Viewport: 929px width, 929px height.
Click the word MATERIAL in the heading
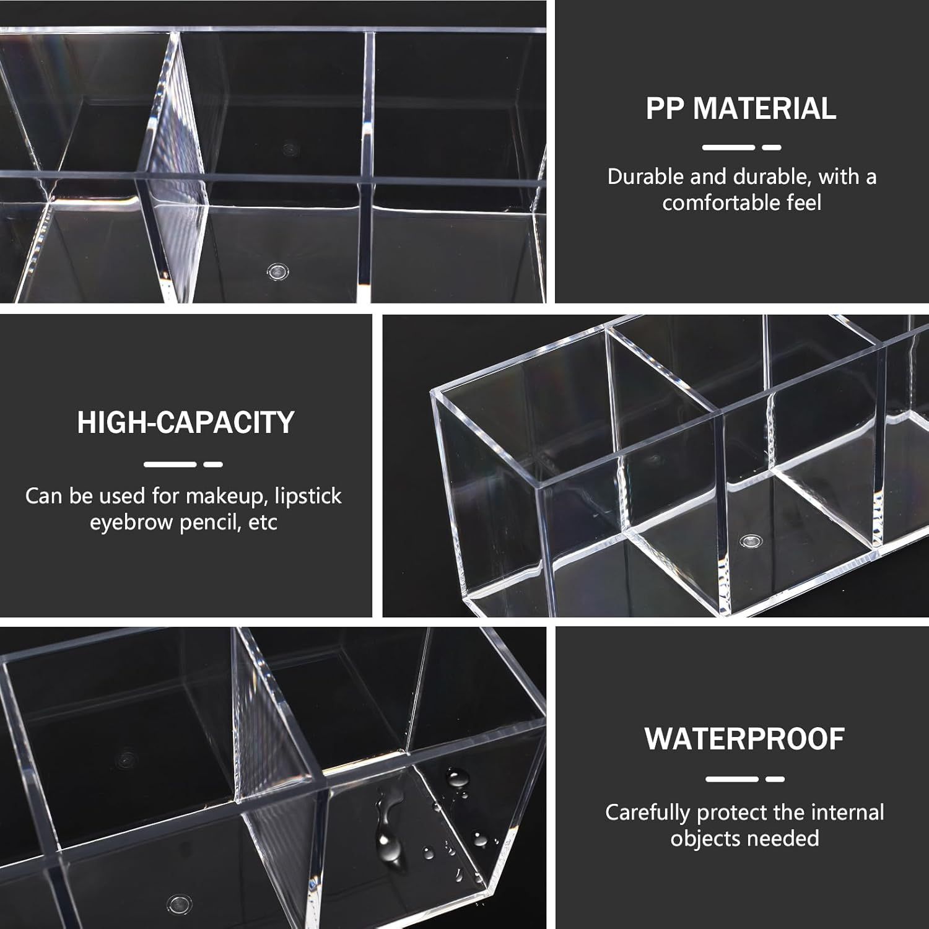coord(764,108)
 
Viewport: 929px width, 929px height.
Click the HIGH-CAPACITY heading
coord(186,422)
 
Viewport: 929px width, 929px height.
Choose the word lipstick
coord(310,496)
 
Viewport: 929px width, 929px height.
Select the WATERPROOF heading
coord(744,738)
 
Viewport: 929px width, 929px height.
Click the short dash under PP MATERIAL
coord(771,147)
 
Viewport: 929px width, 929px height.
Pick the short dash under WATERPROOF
coord(775,779)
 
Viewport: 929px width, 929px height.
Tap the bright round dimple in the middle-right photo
coord(750,541)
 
